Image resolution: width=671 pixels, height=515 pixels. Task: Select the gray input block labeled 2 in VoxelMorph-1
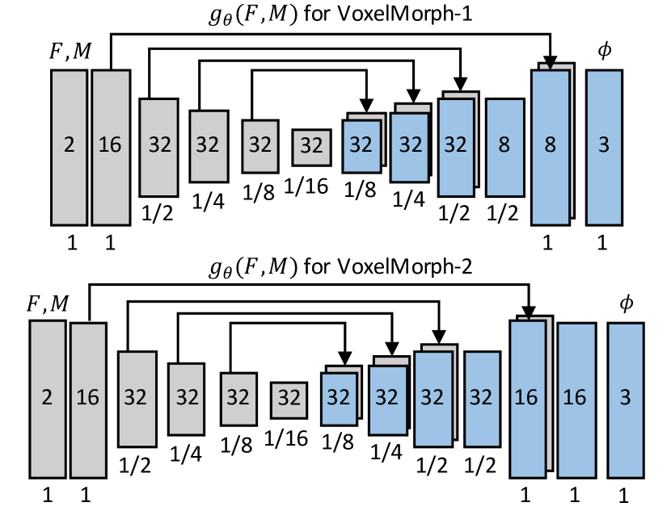(69, 146)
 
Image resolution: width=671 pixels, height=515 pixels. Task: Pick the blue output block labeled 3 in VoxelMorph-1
(604, 146)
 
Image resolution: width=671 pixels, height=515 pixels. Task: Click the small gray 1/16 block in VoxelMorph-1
(311, 146)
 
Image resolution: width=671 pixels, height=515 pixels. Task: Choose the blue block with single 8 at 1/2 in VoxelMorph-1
(504, 146)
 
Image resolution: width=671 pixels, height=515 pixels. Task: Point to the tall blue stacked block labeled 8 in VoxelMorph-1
(550, 146)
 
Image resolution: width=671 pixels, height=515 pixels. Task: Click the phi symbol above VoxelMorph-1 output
(603, 51)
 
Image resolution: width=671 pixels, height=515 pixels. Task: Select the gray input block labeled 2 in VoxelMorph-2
(47, 397)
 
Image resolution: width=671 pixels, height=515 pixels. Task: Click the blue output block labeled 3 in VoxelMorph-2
(626, 397)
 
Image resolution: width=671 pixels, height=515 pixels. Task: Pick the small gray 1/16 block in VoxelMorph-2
(289, 397)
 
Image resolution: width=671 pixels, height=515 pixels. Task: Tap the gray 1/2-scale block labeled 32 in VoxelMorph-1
(158, 146)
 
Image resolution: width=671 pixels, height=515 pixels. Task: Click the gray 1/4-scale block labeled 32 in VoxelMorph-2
(187, 397)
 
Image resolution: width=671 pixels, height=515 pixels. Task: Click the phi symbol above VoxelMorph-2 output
(624, 304)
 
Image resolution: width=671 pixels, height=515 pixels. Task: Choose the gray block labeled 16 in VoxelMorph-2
(87, 397)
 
